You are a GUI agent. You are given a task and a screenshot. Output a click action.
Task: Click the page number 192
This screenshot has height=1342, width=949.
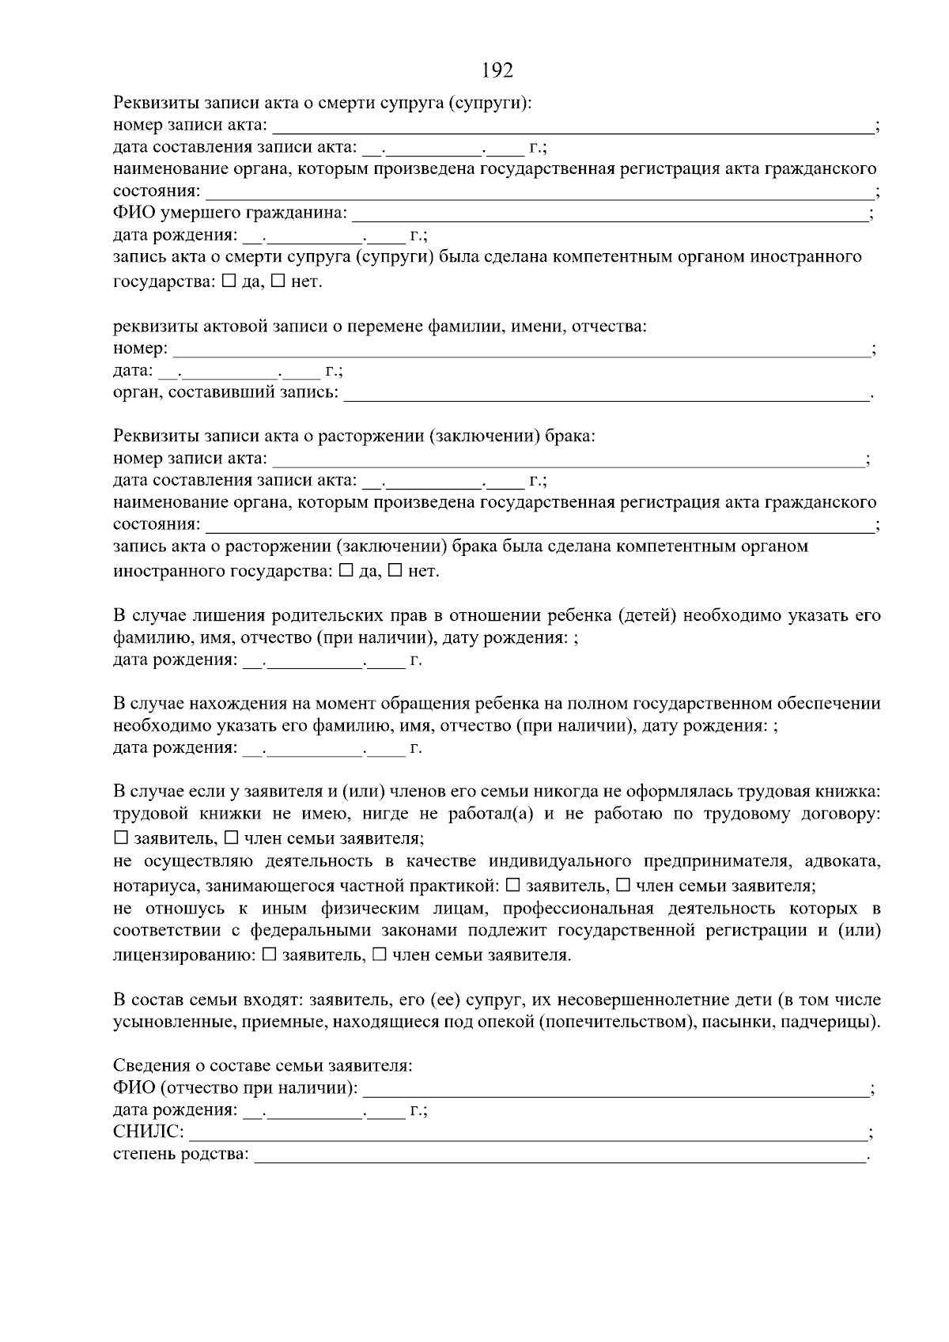[x=497, y=70]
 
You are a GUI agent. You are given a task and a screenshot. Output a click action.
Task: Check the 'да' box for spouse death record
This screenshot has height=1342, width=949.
[x=229, y=282]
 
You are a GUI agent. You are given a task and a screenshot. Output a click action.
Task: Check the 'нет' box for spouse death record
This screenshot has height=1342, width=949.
[x=278, y=282]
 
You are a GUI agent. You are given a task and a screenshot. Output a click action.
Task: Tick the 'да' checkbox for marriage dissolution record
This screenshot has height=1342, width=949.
[x=346, y=571]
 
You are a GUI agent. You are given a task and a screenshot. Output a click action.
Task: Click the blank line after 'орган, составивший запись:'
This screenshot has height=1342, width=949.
[x=605, y=395]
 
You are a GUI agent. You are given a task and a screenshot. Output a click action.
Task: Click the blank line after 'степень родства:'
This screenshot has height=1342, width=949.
[x=560, y=1157]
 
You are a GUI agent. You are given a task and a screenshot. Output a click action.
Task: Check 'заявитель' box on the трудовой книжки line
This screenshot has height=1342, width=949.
[x=121, y=837]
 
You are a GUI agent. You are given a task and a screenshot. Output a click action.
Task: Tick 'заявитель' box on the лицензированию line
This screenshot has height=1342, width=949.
[x=269, y=955]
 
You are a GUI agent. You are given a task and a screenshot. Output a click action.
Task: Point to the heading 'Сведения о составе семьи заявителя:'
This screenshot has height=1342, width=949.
[x=263, y=1066]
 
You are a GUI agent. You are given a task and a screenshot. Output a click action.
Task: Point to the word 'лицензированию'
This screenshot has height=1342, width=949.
[x=184, y=956]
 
